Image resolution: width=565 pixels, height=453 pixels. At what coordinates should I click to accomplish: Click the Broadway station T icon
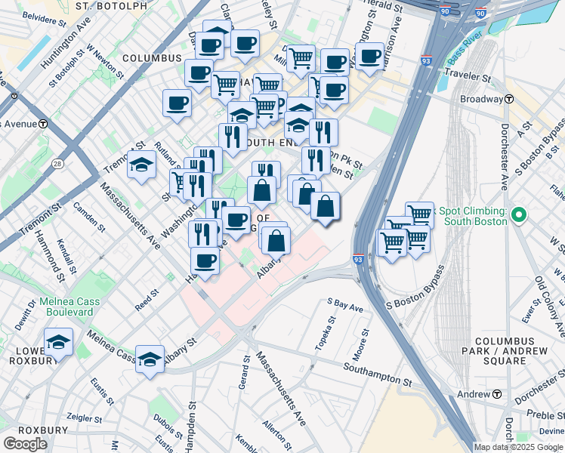(509, 99)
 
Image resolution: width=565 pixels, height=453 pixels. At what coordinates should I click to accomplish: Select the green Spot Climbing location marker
(518, 216)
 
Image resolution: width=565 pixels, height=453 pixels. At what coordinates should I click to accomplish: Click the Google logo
(26, 443)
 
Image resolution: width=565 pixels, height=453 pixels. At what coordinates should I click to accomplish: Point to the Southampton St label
(377, 375)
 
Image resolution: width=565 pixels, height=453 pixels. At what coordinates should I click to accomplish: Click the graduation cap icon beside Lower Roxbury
(58, 342)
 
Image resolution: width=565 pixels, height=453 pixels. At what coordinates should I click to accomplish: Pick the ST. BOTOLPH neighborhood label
(112, 7)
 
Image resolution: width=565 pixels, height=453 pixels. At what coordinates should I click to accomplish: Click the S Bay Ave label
(345, 305)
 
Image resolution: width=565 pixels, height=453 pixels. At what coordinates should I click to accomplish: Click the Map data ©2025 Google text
(519, 447)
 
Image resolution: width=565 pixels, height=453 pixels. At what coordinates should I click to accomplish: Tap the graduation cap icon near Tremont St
(141, 166)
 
